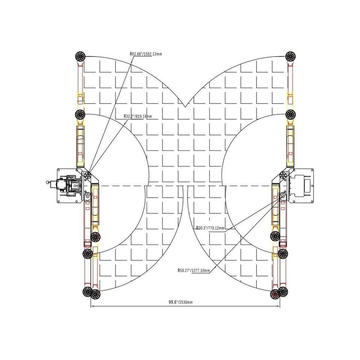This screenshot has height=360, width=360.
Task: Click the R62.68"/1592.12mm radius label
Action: (x=146, y=54)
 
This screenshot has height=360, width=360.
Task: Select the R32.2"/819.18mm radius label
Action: (x=138, y=116)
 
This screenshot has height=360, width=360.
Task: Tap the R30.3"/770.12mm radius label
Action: (x=210, y=228)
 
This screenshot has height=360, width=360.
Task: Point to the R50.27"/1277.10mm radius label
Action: (x=193, y=270)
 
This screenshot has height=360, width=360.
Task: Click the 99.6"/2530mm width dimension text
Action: (x=181, y=302)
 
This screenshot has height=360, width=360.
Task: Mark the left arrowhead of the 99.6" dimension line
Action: (x=92, y=306)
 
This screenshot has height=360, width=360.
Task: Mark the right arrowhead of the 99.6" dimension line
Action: (x=279, y=306)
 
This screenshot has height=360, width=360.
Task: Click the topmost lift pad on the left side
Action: (x=80, y=56)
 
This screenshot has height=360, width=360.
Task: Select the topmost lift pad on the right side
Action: (x=291, y=56)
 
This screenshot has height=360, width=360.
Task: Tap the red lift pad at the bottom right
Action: (x=275, y=294)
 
